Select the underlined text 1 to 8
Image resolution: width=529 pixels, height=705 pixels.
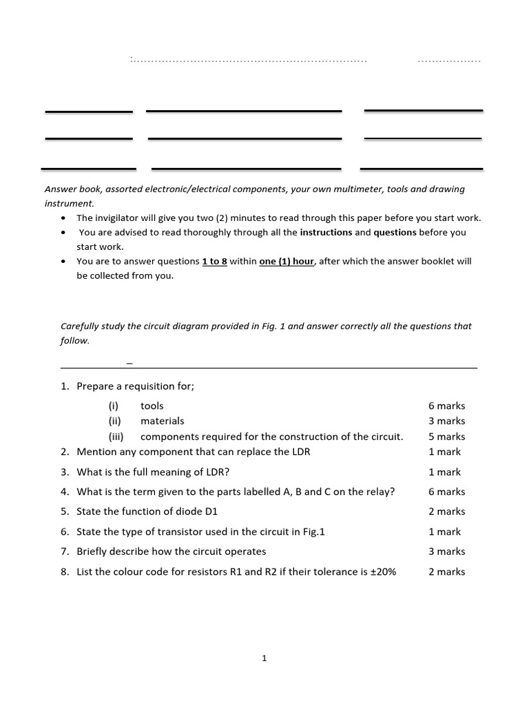[x=214, y=262]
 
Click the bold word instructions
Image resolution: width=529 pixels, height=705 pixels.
[x=326, y=233]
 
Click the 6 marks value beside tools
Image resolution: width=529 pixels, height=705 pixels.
[x=446, y=406]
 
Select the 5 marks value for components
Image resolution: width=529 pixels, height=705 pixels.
[x=446, y=436]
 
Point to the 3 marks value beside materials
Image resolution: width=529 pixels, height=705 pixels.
[x=446, y=421]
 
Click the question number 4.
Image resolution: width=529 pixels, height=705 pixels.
[x=64, y=492]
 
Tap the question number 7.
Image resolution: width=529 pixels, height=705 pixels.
[x=64, y=551]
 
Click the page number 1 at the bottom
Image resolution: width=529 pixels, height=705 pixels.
[x=264, y=659]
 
